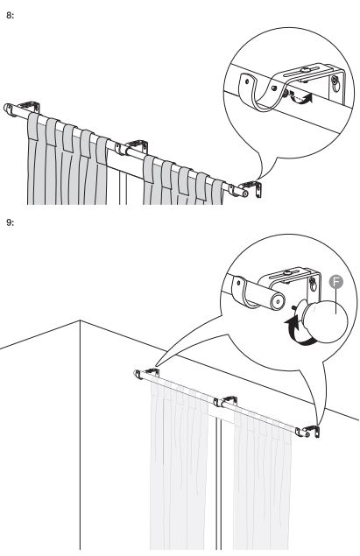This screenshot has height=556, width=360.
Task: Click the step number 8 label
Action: (x=11, y=16)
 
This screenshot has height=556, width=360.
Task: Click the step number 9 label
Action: (x=11, y=222)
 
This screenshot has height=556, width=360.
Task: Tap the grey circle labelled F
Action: (x=335, y=282)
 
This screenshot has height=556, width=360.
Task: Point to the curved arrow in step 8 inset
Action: (x=301, y=99)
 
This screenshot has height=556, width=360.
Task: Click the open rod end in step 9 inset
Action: (x=277, y=300)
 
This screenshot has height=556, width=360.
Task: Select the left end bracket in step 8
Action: (x=29, y=105)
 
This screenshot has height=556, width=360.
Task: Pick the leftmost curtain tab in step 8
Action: (x=33, y=126)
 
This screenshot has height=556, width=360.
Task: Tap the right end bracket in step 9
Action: (x=312, y=431)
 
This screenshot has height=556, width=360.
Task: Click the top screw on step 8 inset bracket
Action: (x=304, y=70)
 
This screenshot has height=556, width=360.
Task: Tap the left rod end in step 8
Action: (x=8, y=109)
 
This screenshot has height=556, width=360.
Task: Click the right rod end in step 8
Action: (x=244, y=194)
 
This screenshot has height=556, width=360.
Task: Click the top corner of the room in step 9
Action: (x=81, y=320)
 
